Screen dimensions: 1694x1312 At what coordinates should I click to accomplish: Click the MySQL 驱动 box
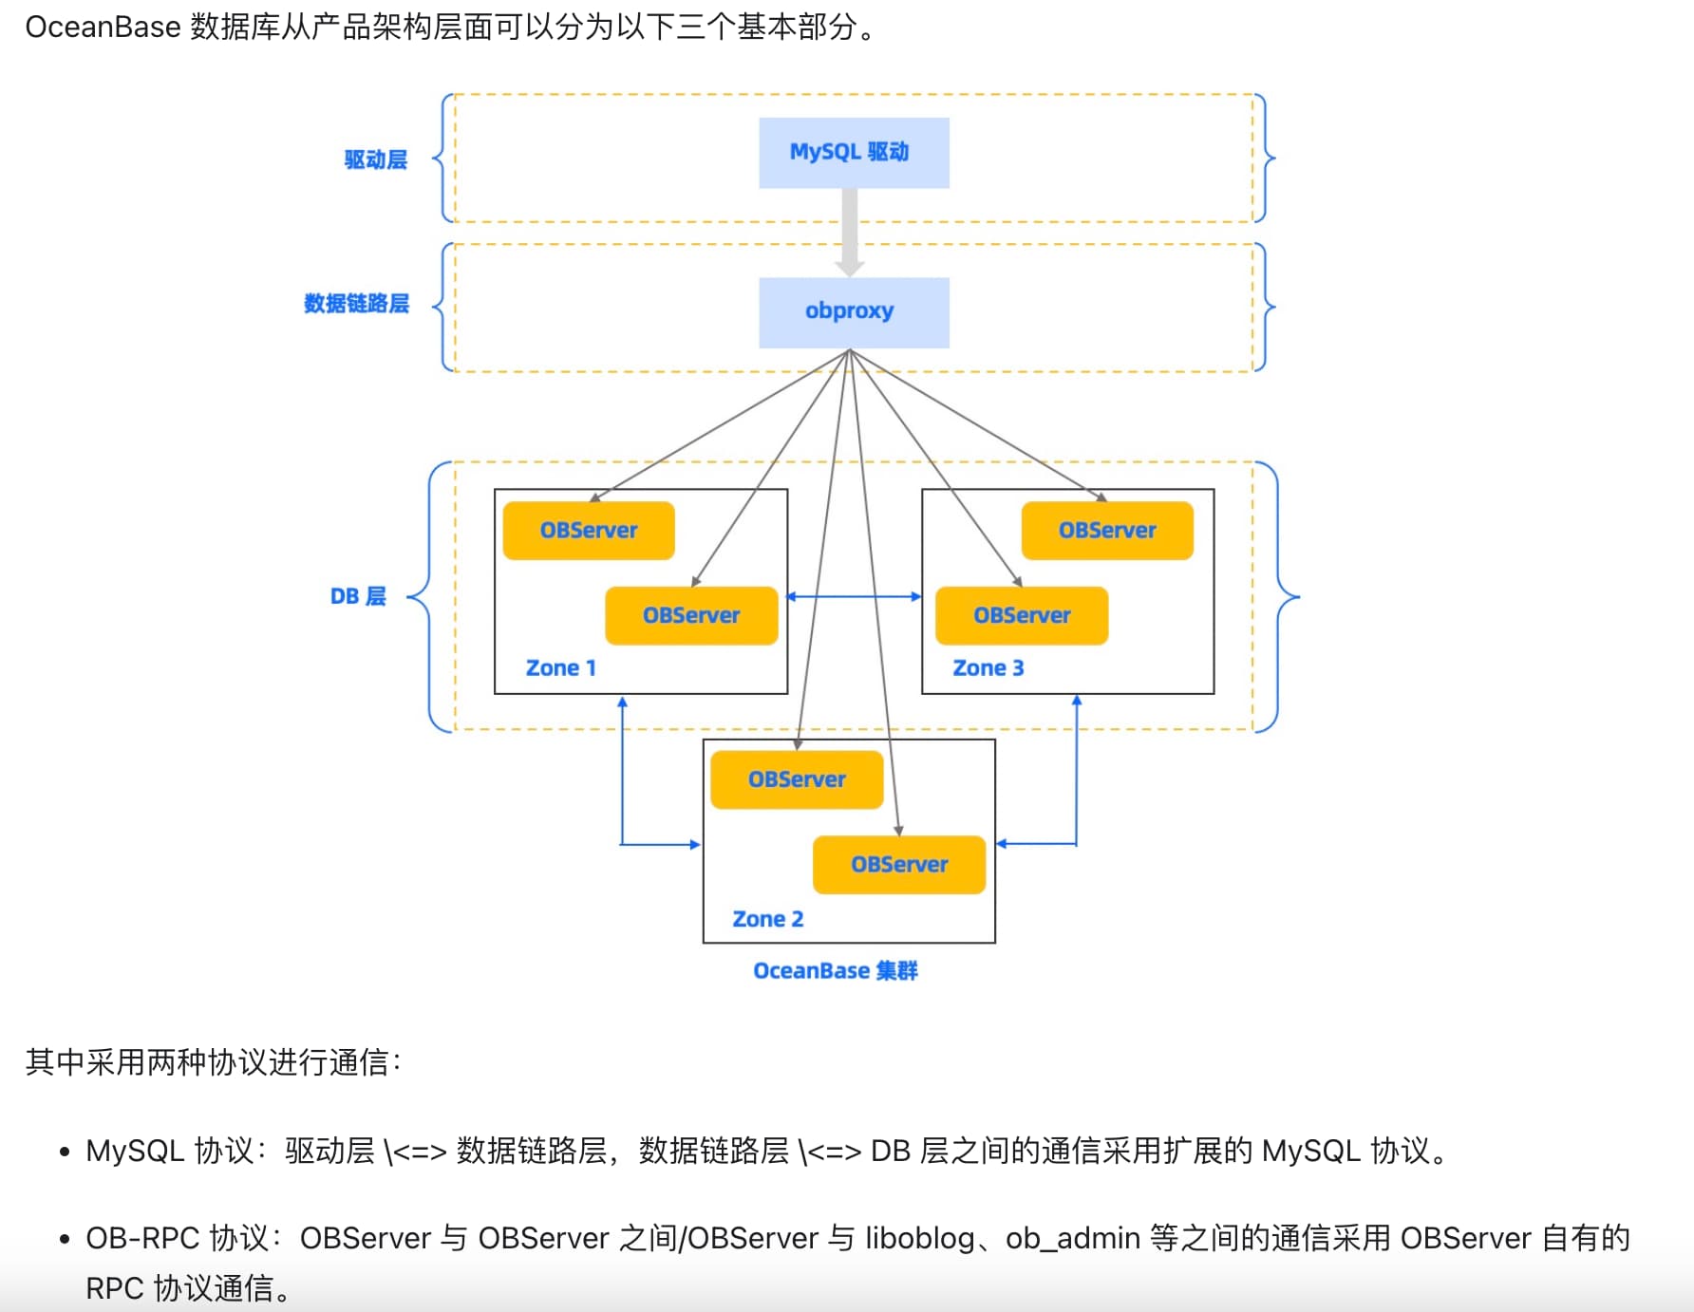click(854, 153)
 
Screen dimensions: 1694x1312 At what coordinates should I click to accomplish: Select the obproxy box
click(854, 312)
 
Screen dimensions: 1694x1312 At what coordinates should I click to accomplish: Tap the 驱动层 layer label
click(376, 159)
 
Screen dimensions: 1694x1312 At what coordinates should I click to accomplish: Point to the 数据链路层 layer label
click(356, 303)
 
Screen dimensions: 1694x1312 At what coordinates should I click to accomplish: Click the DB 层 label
click(358, 596)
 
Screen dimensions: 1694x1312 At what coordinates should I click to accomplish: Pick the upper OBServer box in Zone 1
click(589, 531)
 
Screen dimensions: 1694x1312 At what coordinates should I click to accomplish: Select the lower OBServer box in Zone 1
click(691, 615)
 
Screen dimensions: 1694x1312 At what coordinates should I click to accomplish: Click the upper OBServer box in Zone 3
click(1107, 531)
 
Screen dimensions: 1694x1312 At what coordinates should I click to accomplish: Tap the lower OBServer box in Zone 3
click(1022, 615)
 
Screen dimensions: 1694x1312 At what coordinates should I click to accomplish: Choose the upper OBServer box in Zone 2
click(797, 779)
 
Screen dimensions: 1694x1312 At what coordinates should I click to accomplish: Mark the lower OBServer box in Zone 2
click(899, 864)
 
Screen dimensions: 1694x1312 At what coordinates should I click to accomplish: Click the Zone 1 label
click(561, 667)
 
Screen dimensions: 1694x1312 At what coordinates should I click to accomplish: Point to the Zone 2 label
click(767, 919)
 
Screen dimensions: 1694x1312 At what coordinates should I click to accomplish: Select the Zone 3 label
click(988, 667)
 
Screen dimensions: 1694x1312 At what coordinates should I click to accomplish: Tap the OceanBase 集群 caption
click(836, 970)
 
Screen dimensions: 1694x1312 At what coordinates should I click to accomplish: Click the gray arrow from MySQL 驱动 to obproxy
click(850, 233)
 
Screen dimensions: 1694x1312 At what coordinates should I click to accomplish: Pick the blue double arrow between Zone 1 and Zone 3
click(855, 596)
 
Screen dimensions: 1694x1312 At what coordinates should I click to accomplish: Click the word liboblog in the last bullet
click(920, 1238)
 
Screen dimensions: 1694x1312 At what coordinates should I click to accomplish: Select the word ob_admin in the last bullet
click(1073, 1238)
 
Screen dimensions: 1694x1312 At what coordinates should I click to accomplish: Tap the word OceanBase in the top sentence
click(103, 27)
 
